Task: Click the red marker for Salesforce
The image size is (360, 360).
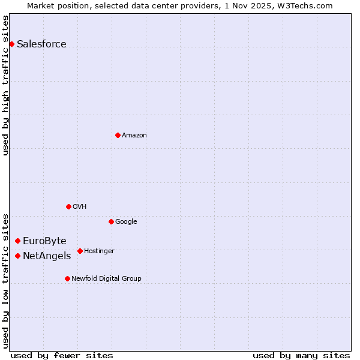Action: click(11, 44)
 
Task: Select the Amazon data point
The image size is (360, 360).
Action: click(118, 135)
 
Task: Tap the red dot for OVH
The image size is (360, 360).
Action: click(68, 206)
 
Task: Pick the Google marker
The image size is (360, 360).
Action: click(111, 221)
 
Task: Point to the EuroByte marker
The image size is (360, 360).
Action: click(17, 241)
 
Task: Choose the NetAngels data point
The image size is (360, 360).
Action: click(17, 256)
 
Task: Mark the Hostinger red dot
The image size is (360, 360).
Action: click(80, 251)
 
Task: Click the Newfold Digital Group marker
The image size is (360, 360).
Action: click(67, 278)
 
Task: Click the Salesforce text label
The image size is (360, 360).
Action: click(41, 44)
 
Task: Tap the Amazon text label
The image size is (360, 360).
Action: click(134, 135)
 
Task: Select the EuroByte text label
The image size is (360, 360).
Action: click(44, 241)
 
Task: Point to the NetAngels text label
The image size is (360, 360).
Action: click(47, 256)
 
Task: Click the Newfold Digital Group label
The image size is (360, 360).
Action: click(106, 278)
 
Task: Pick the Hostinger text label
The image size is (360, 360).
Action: click(99, 251)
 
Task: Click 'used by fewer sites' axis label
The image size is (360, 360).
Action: click(62, 355)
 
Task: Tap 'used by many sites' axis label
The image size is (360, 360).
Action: click(301, 355)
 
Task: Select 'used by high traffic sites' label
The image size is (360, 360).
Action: click(5, 85)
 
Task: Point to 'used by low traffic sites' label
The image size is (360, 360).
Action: click(5, 280)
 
